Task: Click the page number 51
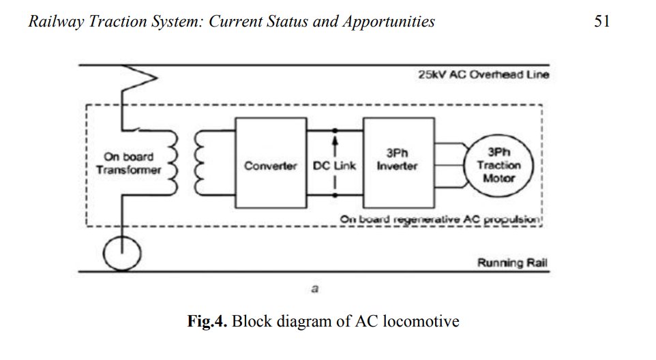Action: coord(601,21)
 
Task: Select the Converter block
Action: coord(270,166)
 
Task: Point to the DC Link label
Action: coord(334,166)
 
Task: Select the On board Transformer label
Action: coord(129,164)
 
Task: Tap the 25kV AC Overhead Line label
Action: coord(483,74)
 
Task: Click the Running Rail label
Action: coord(513,262)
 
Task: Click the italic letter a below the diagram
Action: coord(314,288)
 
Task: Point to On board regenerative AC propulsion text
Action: coord(441,220)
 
